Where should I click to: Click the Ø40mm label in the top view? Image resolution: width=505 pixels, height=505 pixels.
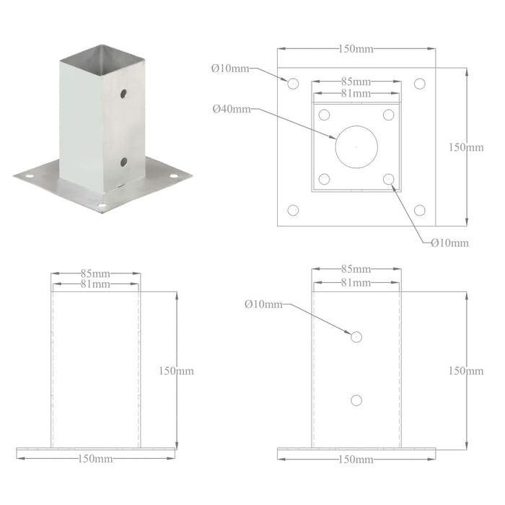231,110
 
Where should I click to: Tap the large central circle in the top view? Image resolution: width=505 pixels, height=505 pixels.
356,146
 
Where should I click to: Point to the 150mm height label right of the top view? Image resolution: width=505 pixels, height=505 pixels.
466,147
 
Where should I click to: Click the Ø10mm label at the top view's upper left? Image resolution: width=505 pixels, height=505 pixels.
229,69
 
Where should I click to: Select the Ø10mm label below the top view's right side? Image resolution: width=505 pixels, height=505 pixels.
449,242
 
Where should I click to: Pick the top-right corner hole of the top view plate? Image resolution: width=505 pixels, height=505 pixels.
419,84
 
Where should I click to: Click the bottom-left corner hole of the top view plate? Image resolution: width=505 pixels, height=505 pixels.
293,210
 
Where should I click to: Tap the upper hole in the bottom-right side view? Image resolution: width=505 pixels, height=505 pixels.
356,336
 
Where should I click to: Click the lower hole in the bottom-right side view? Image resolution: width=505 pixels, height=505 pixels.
356,400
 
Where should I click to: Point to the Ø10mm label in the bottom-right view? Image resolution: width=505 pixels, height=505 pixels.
263,304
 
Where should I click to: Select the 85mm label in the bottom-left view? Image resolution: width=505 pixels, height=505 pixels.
96,273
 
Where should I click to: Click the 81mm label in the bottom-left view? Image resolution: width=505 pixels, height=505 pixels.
96,284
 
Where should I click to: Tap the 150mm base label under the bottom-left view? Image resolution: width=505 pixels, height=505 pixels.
96,459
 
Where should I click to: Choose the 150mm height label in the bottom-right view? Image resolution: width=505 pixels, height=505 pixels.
466,371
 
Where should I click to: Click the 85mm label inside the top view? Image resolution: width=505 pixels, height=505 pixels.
356,82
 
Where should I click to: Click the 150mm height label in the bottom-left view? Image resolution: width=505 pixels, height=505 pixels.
176,371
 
